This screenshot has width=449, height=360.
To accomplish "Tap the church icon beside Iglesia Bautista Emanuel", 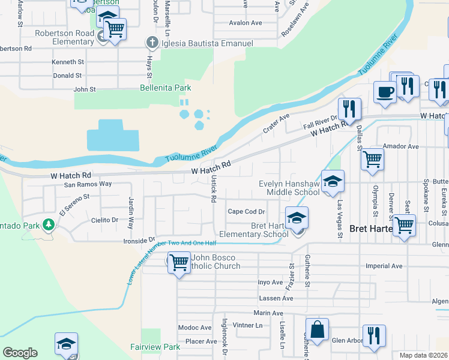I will pyautogui.click(x=152, y=43).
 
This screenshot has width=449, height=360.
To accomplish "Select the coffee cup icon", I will pyautogui.click(x=385, y=92).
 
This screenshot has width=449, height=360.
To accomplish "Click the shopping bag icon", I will pyautogui.click(x=317, y=329).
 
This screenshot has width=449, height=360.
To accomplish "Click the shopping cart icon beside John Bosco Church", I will pyautogui.click(x=179, y=263).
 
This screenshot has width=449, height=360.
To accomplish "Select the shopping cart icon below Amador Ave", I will pyautogui.click(x=372, y=160).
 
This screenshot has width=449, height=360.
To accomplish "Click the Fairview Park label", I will pyautogui.click(x=155, y=347).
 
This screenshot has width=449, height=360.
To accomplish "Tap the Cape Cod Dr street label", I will pyautogui.click(x=247, y=211).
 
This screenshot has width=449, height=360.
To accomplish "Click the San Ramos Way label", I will pyautogui.click(x=88, y=184).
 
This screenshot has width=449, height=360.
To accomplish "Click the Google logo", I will pyautogui.click(x=20, y=353).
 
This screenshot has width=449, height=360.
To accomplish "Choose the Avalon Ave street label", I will pyautogui.click(x=246, y=23).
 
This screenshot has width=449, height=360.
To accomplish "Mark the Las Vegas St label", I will pyautogui.click(x=339, y=211).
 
